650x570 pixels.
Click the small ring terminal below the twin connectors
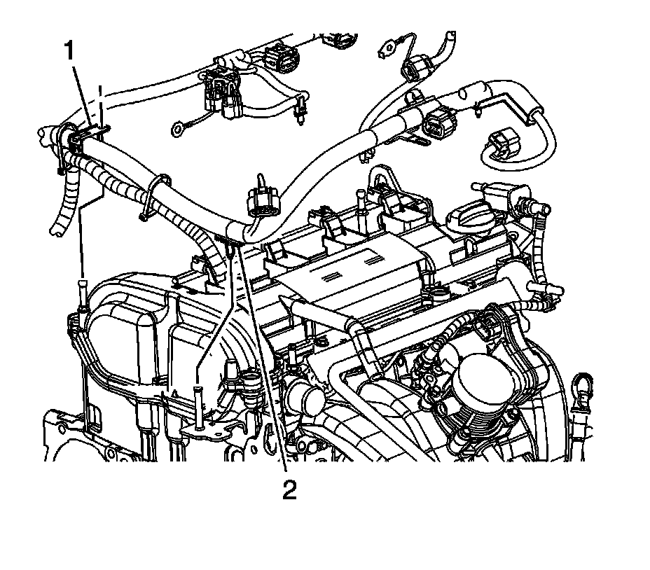coord(179,128)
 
